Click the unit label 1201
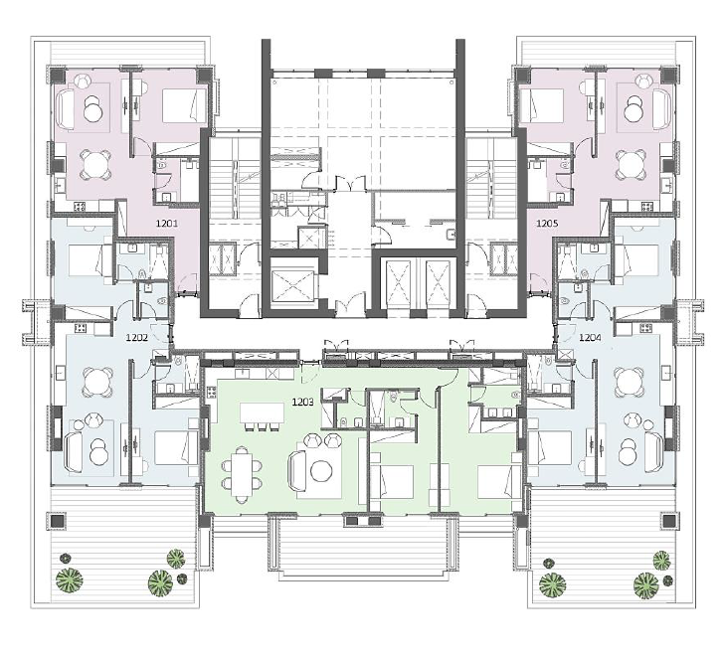point(167,224)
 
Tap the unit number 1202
point(137,338)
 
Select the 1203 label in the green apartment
point(303,403)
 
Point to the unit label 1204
point(590,338)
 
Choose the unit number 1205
point(547,224)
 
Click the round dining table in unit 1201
point(96,165)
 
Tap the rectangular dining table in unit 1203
point(242,475)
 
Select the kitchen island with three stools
point(262,413)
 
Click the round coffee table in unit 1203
point(321,471)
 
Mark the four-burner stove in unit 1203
point(212,393)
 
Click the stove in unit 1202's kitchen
point(81,329)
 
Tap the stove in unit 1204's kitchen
point(645,329)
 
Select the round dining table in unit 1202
point(97,382)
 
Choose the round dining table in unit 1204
point(628,382)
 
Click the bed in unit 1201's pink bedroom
point(184,105)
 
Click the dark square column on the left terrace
point(58,521)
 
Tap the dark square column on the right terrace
point(667,521)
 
